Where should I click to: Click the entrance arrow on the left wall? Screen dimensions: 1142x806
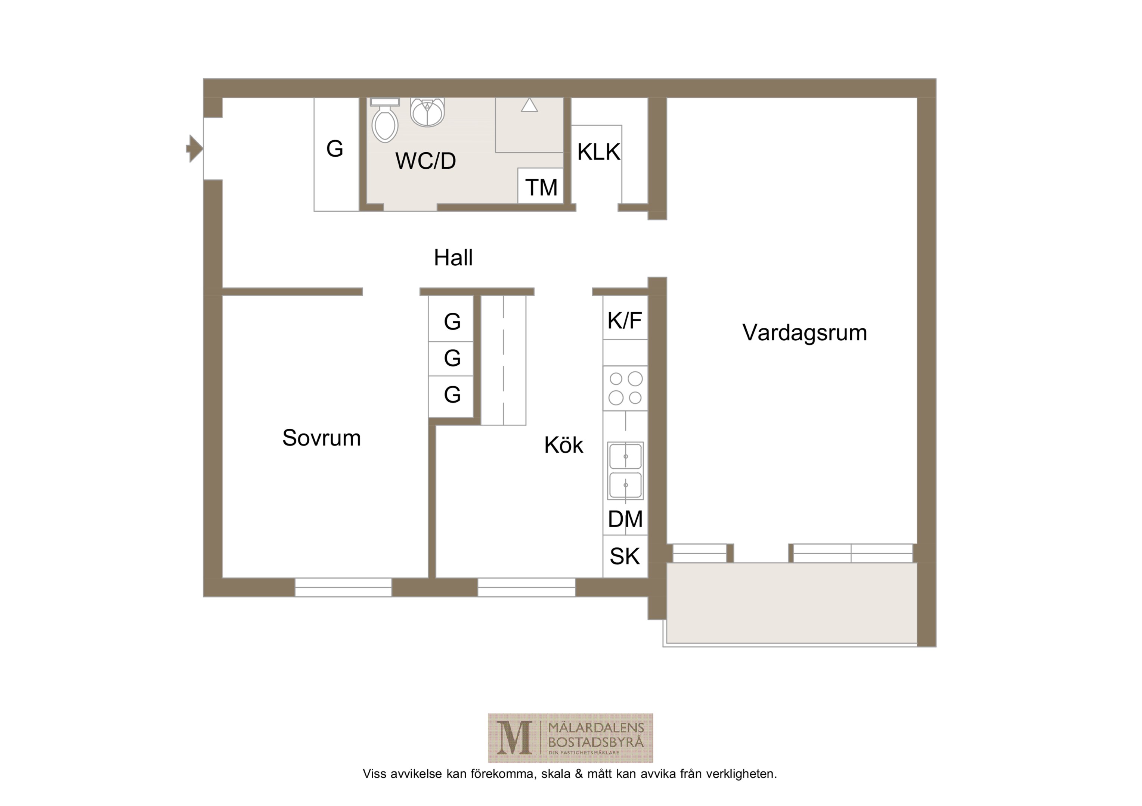[x=195, y=149]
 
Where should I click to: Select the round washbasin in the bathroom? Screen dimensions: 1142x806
[x=427, y=112]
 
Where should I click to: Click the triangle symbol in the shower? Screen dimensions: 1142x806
[x=529, y=105]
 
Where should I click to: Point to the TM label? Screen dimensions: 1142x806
[x=541, y=187]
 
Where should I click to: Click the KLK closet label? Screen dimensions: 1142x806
[x=599, y=151]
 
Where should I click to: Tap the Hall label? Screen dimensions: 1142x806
[x=453, y=257]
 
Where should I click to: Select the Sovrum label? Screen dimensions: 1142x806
[x=321, y=438]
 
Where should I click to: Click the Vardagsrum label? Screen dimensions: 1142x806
[x=805, y=332]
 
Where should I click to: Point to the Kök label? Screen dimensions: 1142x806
[x=564, y=445]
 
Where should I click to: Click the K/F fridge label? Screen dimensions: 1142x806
[x=625, y=321]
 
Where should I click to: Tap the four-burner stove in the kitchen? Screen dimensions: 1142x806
[x=626, y=388]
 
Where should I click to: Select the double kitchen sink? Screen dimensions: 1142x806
[x=625, y=471]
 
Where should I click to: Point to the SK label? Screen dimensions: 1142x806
[x=625, y=556]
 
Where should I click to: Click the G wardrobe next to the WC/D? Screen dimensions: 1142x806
[x=335, y=149]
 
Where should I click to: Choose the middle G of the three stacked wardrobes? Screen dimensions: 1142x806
[x=452, y=358]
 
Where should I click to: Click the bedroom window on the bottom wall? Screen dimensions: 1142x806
[x=343, y=587]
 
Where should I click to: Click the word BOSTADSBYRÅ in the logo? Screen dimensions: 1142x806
[x=596, y=743]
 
